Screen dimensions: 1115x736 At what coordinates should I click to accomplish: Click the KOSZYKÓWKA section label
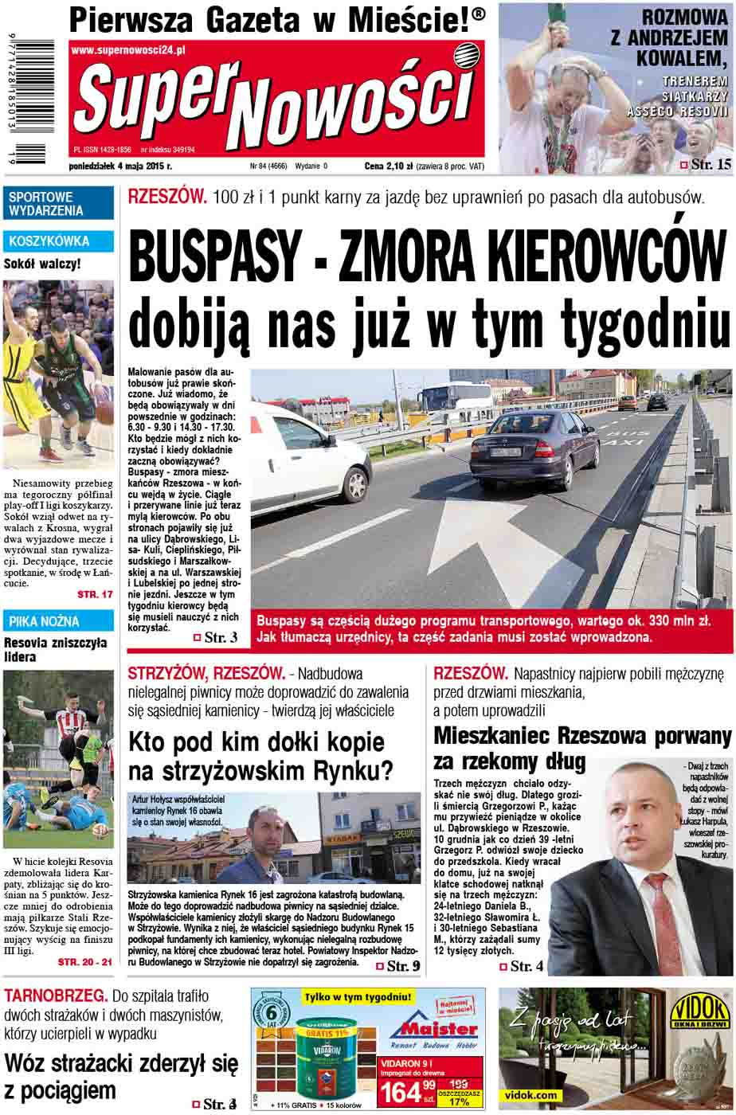pos(49,241)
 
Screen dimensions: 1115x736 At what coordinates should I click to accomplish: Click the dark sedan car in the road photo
pos(534,449)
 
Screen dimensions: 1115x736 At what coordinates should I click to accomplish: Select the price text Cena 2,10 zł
pos(388,145)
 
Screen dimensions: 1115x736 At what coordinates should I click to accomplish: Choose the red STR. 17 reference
pos(95,595)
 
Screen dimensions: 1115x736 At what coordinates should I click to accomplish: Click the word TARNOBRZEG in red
pos(55,996)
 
